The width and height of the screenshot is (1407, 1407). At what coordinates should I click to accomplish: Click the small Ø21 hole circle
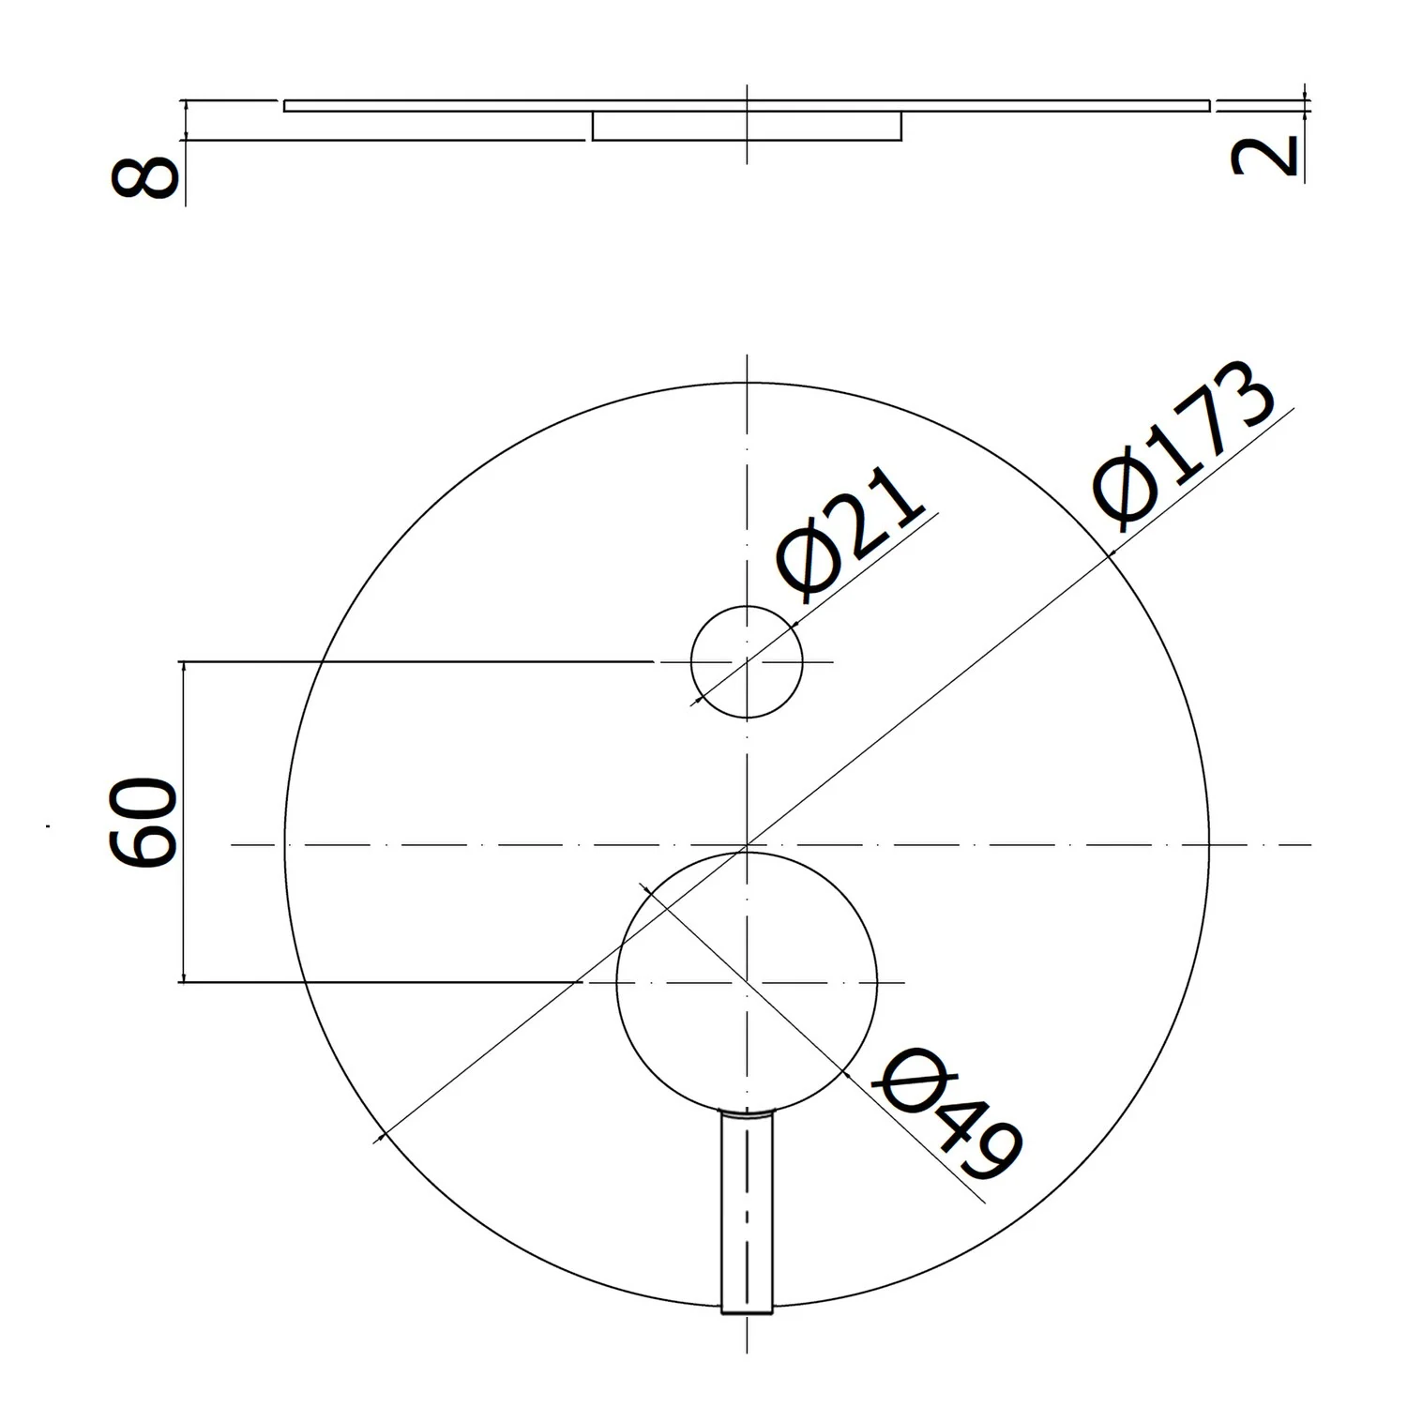pos(747,661)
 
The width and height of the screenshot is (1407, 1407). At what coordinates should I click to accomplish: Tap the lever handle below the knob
pos(747,1210)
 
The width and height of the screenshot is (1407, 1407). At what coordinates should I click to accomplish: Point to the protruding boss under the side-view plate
pos(747,127)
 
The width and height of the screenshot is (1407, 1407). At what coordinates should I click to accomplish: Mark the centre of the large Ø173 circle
pos(747,845)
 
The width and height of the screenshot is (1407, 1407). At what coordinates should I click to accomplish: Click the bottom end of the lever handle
pos(747,1311)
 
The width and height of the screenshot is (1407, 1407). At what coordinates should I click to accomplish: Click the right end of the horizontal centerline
pos(1309,845)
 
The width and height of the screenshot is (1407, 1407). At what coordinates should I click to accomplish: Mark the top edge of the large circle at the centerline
pos(747,384)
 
